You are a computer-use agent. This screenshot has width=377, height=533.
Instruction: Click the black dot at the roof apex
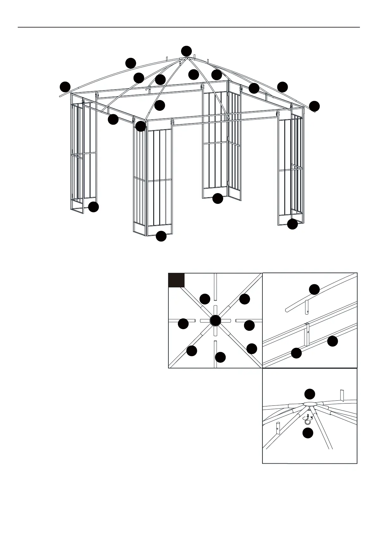click(186, 51)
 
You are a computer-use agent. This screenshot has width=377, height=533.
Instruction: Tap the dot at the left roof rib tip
click(65, 87)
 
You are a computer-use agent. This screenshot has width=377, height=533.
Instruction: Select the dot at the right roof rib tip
click(314, 106)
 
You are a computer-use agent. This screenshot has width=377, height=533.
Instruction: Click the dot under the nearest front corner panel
click(161, 236)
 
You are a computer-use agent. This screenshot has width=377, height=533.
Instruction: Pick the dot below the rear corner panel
click(218, 198)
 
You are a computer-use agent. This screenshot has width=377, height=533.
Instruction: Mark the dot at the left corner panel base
click(93, 207)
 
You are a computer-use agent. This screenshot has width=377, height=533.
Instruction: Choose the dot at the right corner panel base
click(292, 224)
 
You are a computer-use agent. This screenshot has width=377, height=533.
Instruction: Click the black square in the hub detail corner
click(176, 280)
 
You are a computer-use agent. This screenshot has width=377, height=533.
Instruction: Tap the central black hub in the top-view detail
click(215, 321)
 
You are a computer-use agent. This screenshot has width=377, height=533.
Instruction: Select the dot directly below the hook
click(308, 433)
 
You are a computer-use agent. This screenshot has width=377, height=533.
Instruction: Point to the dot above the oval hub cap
click(310, 394)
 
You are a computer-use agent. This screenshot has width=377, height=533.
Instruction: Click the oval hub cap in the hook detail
click(310, 404)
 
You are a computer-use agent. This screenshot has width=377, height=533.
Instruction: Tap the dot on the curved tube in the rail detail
click(314, 289)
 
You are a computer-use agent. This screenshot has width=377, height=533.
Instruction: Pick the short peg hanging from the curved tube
click(307, 308)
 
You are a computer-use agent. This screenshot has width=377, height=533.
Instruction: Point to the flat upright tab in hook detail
click(342, 395)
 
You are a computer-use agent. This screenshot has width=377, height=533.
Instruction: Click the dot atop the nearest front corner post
click(141, 127)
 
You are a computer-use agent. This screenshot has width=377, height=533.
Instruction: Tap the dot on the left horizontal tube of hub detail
click(183, 324)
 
